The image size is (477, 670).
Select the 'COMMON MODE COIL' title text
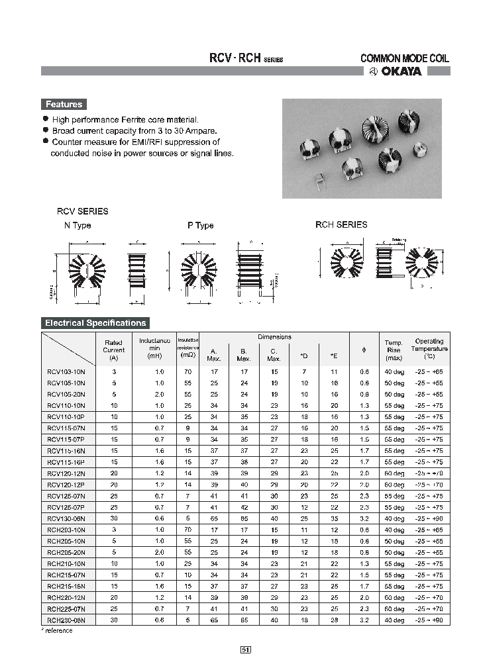point(404,58)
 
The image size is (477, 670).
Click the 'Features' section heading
point(64,104)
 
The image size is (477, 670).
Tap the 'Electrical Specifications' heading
point(95,323)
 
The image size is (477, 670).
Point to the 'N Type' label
point(77,225)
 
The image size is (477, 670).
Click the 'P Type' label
point(200,225)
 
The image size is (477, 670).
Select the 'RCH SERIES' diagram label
point(341,224)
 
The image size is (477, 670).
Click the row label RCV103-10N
point(66,372)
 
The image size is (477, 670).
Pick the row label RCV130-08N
point(66,518)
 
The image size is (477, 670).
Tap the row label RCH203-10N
point(66,530)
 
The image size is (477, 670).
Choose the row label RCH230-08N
point(66,620)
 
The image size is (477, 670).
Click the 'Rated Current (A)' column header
point(113,350)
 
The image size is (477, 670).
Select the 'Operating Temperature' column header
point(429,349)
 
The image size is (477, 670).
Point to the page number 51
point(245,649)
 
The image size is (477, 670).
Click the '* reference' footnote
point(57,631)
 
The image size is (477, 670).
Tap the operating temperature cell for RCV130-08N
point(429,518)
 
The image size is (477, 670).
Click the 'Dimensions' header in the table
point(274,337)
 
